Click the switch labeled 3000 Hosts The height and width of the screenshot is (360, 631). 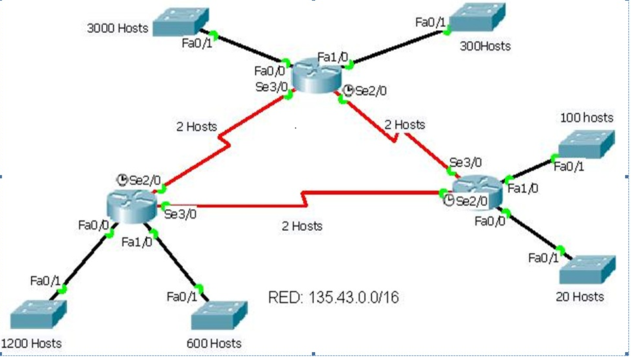point(182,21)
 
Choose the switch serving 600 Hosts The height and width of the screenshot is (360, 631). point(219,316)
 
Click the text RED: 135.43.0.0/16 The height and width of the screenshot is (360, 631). point(333,298)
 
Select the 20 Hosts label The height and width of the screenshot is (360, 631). point(579,296)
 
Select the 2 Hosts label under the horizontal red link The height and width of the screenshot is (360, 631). point(301,226)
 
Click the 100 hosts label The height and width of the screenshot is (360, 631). point(586,117)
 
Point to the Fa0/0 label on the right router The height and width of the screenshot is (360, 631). point(489,221)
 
